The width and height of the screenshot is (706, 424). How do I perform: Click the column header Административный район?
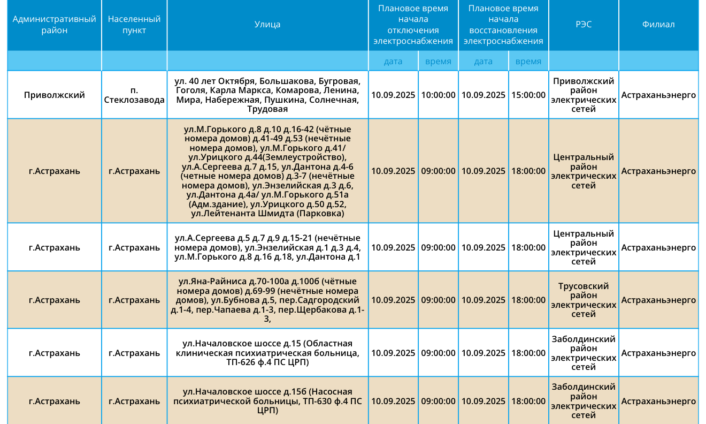point(54,25)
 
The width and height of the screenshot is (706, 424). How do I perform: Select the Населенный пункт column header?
point(134,25)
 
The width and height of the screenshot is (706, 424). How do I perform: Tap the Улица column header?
point(267,25)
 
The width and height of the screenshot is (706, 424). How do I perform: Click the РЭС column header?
point(584,25)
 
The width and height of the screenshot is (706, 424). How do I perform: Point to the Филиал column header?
point(658,25)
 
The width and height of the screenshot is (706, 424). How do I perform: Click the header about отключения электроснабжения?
point(413,25)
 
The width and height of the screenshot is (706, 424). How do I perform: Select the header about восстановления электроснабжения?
point(503,25)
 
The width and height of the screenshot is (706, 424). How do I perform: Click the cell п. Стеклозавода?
point(134,95)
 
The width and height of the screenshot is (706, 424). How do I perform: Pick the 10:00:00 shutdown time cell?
point(439,95)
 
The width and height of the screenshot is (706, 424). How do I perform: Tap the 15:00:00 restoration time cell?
point(528,95)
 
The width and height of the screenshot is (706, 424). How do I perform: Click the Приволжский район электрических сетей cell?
point(584,95)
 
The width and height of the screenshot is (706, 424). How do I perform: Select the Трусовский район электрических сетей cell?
point(584,300)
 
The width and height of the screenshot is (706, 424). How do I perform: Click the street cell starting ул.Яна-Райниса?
point(267,300)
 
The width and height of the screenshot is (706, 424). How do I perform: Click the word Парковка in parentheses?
point(319,214)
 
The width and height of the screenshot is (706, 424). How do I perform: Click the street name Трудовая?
point(267,109)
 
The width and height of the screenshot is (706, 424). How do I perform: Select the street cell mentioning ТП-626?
point(267,353)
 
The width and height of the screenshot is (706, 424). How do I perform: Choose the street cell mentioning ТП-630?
point(267,401)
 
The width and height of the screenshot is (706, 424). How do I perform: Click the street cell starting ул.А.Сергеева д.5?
point(267,247)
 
